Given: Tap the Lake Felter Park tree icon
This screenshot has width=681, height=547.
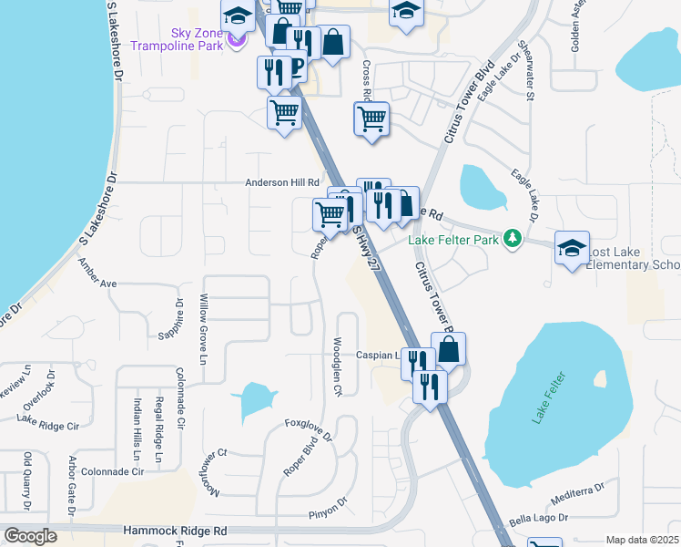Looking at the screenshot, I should [513, 239].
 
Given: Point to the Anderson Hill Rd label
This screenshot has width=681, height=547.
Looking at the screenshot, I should [283, 182].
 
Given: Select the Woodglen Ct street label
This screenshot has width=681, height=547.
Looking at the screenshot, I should [337, 366].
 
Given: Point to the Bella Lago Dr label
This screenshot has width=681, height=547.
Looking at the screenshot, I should [538, 517].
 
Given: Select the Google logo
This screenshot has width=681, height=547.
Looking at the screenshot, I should [30, 536].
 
